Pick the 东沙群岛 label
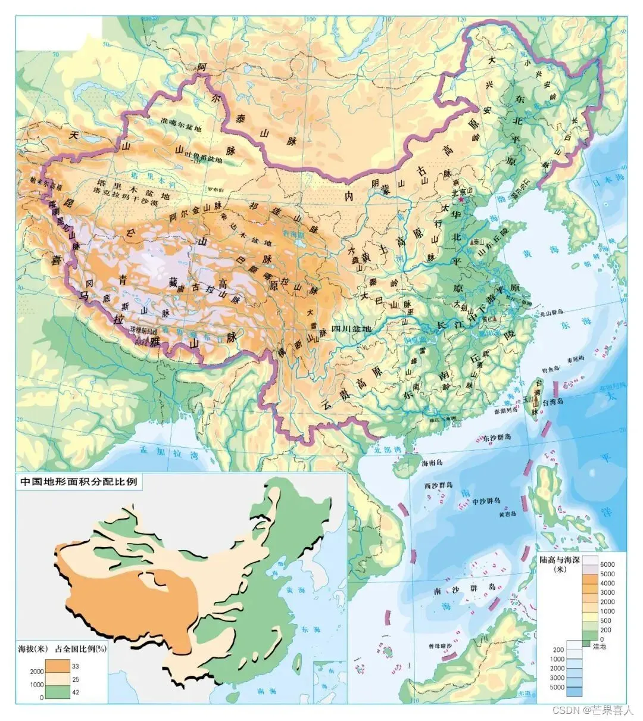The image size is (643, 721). pos(497,438)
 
